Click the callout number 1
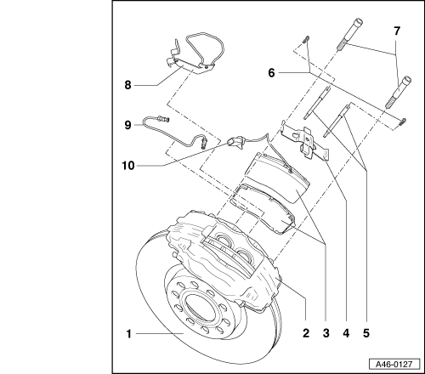pyautogui.click(x=129, y=334)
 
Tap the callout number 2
pyautogui.click(x=306, y=333)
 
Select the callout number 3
pyautogui.click(x=326, y=333)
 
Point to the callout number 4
pyautogui.click(x=346, y=333)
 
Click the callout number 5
pyautogui.click(x=366, y=333)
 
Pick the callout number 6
pyautogui.click(x=271, y=73)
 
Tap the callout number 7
pyautogui.click(x=397, y=31)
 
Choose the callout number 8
pyautogui.click(x=128, y=85)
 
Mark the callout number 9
pyautogui.click(x=128, y=125)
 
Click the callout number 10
pyautogui.click(x=128, y=166)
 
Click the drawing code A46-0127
pyautogui.click(x=394, y=364)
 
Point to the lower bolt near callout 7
pyautogui.click(x=398, y=92)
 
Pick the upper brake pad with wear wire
pyautogui.click(x=277, y=177)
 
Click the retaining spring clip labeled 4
pyautogui.click(x=305, y=141)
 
